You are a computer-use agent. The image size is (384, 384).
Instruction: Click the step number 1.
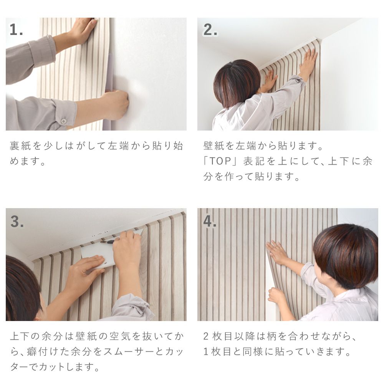(x=16, y=30)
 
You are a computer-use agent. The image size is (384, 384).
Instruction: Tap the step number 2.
(x=210, y=30)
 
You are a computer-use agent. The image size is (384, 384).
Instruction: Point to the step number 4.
(x=210, y=222)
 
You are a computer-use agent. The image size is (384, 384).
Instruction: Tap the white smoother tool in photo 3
(x=98, y=253)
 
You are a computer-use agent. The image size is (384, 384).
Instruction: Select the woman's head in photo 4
(x=346, y=253)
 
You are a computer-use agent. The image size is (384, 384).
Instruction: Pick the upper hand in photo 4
(x=276, y=252)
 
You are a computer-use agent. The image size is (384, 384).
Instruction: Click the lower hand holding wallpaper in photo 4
(x=276, y=296)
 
